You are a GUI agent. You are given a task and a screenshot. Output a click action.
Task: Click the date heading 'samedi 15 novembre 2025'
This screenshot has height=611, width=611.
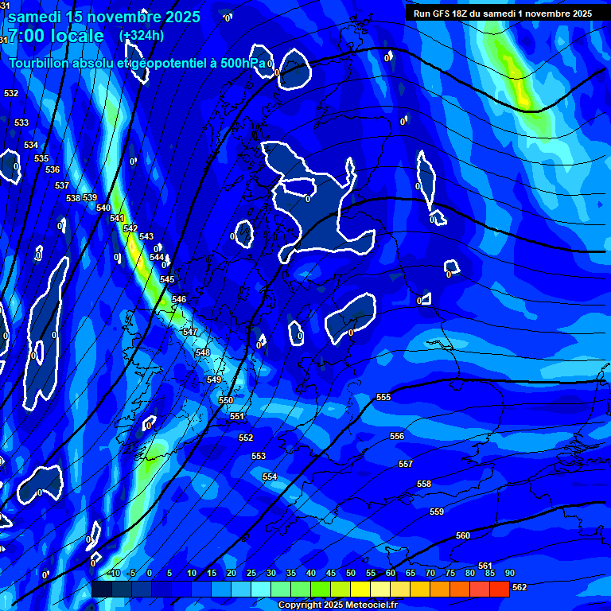103,17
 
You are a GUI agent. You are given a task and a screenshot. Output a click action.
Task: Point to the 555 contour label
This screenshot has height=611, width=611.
383,397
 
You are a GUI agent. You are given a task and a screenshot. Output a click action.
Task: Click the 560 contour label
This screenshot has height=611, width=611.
463,535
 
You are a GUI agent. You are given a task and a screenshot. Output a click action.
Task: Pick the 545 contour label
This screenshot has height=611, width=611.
167,279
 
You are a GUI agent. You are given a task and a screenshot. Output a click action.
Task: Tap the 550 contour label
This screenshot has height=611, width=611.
226,400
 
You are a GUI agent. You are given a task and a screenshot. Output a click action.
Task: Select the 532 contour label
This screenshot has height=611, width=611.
11,93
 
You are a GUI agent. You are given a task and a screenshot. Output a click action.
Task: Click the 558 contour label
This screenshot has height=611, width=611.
424,484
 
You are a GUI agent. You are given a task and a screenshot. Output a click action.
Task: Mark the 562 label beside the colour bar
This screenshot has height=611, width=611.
519,588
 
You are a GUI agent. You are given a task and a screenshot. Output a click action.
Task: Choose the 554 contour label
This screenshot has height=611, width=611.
270,477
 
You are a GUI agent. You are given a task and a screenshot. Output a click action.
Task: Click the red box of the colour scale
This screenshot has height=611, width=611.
499,589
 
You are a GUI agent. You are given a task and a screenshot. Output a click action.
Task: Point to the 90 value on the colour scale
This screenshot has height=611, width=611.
509,573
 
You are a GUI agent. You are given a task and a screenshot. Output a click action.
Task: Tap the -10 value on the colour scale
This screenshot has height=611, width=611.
113,573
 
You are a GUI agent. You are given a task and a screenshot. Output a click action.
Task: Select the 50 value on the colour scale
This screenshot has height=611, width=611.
350,573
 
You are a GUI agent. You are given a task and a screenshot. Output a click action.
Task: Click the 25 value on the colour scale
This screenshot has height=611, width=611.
251,573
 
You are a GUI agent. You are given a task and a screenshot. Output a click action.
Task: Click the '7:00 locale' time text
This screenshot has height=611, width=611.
56,36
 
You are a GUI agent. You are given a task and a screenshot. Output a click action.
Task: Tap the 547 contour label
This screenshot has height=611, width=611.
189,332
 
